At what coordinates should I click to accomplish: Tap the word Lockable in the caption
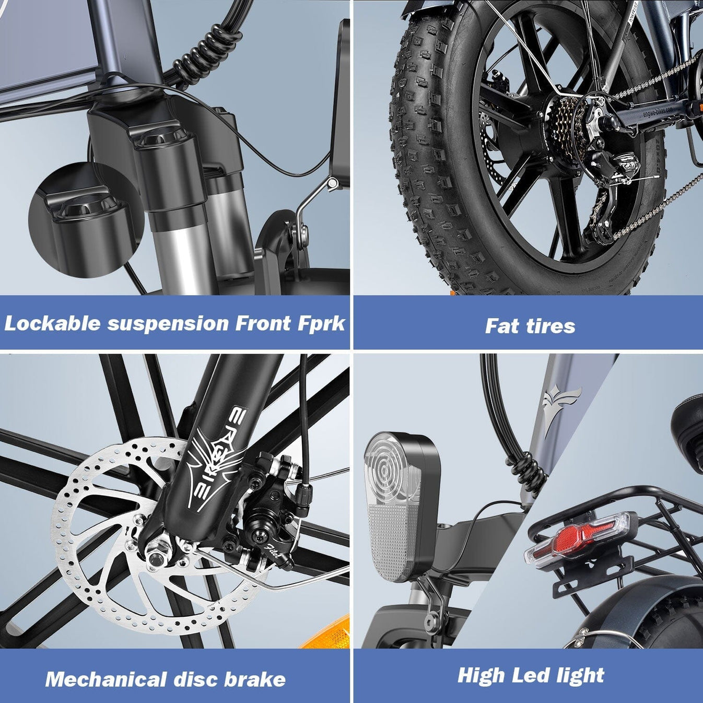[x=52, y=323]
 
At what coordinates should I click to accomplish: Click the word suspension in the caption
[x=168, y=324]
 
